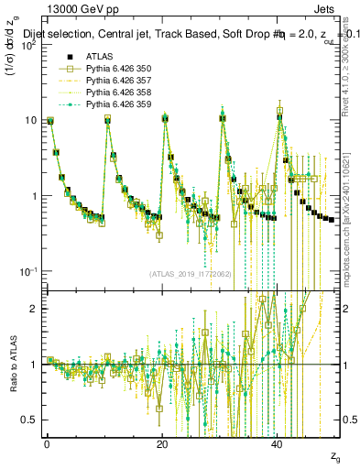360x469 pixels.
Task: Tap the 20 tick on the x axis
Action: (x=162, y=445)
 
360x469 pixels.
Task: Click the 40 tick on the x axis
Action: (x=278, y=445)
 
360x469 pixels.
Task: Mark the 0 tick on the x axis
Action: (x=47, y=445)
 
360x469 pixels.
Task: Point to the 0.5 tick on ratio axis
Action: (x=31, y=420)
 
